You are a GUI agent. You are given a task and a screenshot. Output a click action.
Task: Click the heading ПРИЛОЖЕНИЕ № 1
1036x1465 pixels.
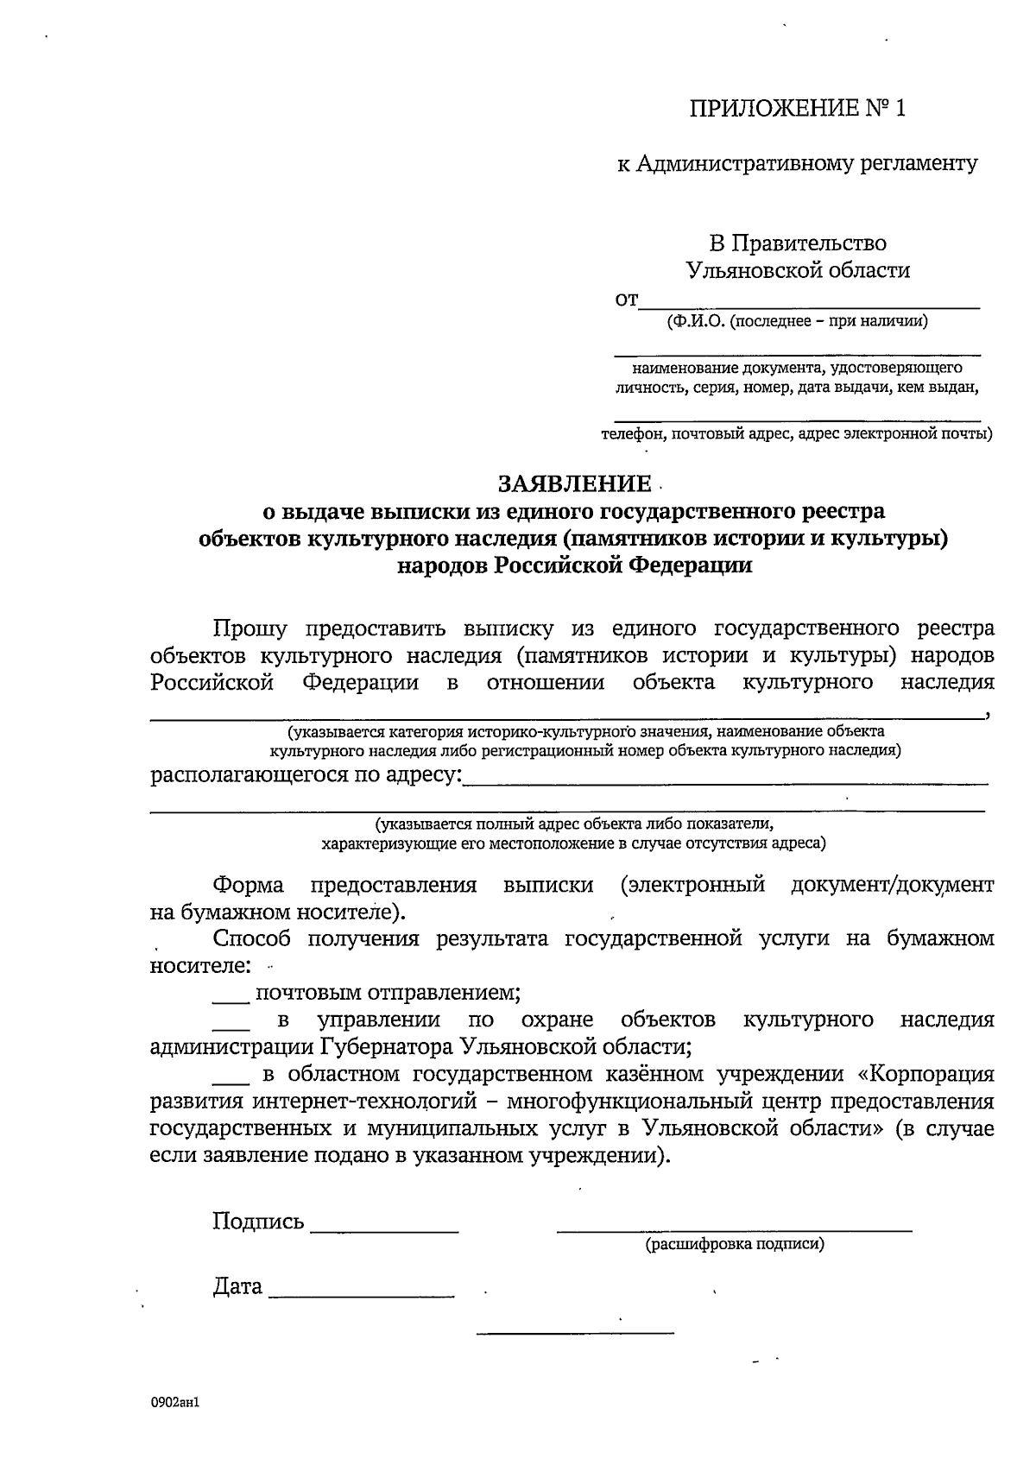[x=799, y=109]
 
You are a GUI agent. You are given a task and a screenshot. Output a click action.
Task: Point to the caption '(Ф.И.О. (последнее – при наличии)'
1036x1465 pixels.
[x=797, y=322]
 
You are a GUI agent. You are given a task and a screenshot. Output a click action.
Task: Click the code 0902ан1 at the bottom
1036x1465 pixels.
[x=175, y=1403]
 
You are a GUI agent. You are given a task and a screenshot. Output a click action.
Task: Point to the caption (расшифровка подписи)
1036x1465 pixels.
[x=734, y=1244]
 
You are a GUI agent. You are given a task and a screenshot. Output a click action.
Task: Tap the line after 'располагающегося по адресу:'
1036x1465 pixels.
[x=725, y=782]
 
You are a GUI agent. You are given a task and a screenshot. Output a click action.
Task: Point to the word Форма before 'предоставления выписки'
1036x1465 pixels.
[x=248, y=885]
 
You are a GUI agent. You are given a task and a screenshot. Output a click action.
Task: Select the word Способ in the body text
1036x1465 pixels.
[x=251, y=938]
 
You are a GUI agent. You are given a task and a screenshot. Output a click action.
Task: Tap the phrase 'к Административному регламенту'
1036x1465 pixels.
[x=797, y=163]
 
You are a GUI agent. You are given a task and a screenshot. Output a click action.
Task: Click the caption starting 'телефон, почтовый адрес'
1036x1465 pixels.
[x=797, y=433]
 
